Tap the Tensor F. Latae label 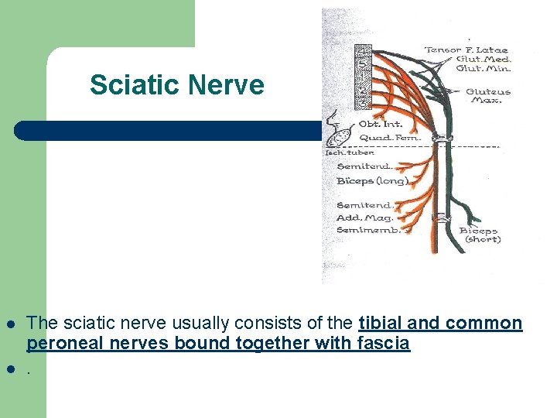(466, 50)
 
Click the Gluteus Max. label (487, 96)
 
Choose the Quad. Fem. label (388, 138)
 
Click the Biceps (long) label (372, 181)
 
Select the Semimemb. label (368, 230)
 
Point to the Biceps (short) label (480, 235)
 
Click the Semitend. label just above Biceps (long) (364, 166)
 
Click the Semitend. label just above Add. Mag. (364, 205)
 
